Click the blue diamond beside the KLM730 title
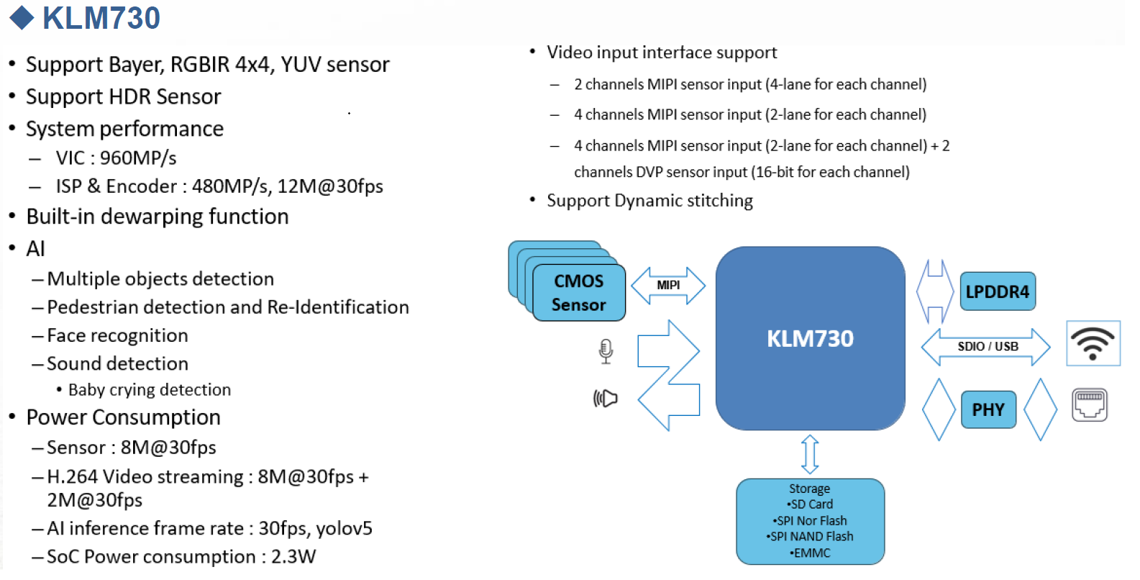[x=22, y=18]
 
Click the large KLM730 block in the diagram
[x=810, y=339]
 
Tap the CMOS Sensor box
[x=579, y=293]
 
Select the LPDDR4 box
[x=997, y=291]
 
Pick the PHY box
[x=988, y=409]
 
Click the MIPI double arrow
[x=668, y=286]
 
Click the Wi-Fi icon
[x=1093, y=343]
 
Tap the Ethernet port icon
[x=1090, y=405]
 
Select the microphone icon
[x=606, y=351]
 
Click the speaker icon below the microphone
[x=606, y=398]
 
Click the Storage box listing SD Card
[x=810, y=521]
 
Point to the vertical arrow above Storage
[x=810, y=453]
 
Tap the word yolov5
[x=344, y=529]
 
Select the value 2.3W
[x=293, y=557]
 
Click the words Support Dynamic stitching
[x=649, y=201]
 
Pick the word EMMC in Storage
[x=812, y=553]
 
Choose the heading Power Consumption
[x=123, y=417]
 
